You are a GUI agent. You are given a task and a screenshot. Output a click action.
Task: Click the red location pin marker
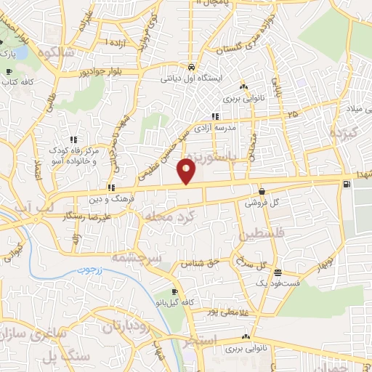coord(187,171)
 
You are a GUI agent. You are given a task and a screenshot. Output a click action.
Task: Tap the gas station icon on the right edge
coord(344,183)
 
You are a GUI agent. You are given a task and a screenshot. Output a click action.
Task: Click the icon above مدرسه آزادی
coord(214,116)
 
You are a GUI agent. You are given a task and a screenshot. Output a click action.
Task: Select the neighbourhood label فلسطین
coord(259,234)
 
